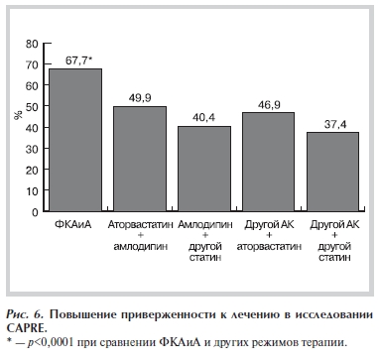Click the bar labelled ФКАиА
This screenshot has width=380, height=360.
(x=75, y=140)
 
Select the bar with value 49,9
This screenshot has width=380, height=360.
(x=140, y=159)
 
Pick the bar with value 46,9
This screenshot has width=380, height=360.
(x=268, y=162)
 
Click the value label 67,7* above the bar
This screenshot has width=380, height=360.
(x=78, y=60)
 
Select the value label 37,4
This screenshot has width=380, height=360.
(x=332, y=124)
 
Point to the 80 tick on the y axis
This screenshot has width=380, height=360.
(x=34, y=44)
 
